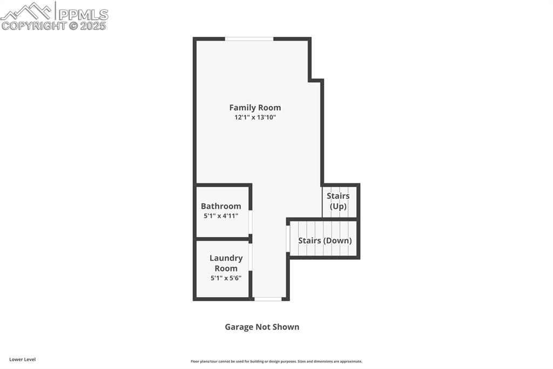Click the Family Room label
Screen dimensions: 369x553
coord(255,108)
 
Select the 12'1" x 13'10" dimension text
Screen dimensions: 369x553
coord(255,117)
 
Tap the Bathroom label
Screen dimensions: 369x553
coord(221,206)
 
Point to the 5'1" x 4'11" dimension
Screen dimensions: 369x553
coord(221,216)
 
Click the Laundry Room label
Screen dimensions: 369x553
coord(226,263)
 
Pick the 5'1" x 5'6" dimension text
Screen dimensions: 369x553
coord(226,278)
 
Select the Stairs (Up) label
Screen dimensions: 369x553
coord(338,201)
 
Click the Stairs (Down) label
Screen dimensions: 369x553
coord(325,240)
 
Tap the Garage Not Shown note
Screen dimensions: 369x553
coord(262,327)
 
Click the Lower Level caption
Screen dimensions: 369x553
coord(22,359)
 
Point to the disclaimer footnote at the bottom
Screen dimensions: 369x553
coord(276,361)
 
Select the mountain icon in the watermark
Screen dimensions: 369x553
coord(28,10)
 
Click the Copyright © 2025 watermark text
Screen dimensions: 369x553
coord(54,25)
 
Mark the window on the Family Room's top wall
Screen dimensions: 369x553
coord(249,39)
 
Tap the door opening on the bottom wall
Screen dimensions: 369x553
coord(268,299)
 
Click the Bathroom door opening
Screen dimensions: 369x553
coord(251,222)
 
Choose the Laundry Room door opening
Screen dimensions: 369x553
coord(251,258)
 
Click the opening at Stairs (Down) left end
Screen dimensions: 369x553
coord(288,239)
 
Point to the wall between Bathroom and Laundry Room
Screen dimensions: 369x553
coord(222,239)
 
